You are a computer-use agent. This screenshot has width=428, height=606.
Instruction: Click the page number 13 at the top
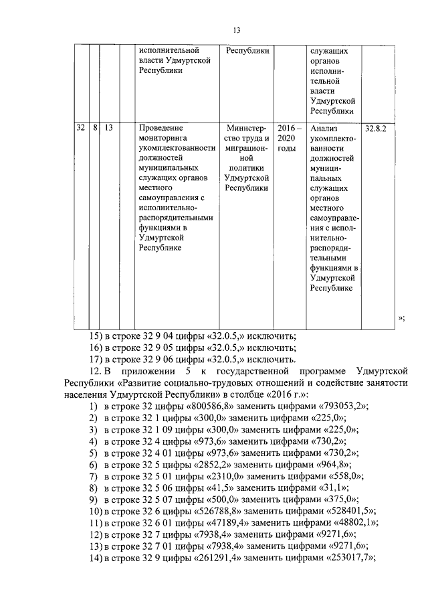click(x=235, y=30)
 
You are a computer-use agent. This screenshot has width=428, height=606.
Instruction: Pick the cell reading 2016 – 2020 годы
click(x=290, y=137)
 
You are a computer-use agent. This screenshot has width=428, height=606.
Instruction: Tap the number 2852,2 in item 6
click(x=203, y=464)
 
